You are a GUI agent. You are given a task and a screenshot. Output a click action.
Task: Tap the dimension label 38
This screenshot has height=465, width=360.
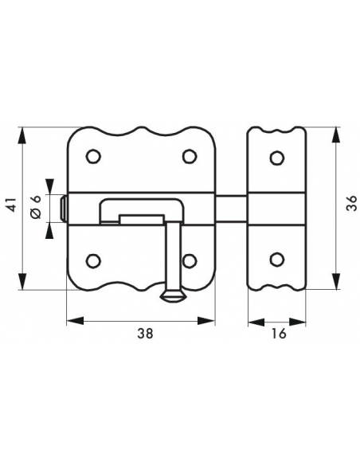point(145,334)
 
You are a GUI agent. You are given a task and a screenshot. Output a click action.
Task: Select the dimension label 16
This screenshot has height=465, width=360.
point(279,334)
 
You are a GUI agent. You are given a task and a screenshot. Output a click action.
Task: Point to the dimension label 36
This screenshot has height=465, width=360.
point(351,203)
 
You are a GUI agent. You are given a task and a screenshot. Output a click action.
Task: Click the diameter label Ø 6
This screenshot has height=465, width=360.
point(36,207)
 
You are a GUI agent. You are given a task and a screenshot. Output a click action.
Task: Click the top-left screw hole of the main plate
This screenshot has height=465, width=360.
point(93,156)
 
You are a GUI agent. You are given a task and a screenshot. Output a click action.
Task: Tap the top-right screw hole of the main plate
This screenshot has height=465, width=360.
point(190,156)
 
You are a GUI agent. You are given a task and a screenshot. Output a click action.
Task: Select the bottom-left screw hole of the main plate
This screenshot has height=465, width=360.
point(93,261)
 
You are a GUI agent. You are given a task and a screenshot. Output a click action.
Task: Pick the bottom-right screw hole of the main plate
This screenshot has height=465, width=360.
point(190,261)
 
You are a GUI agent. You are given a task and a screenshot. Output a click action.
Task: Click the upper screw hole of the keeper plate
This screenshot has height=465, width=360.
point(277,158)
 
